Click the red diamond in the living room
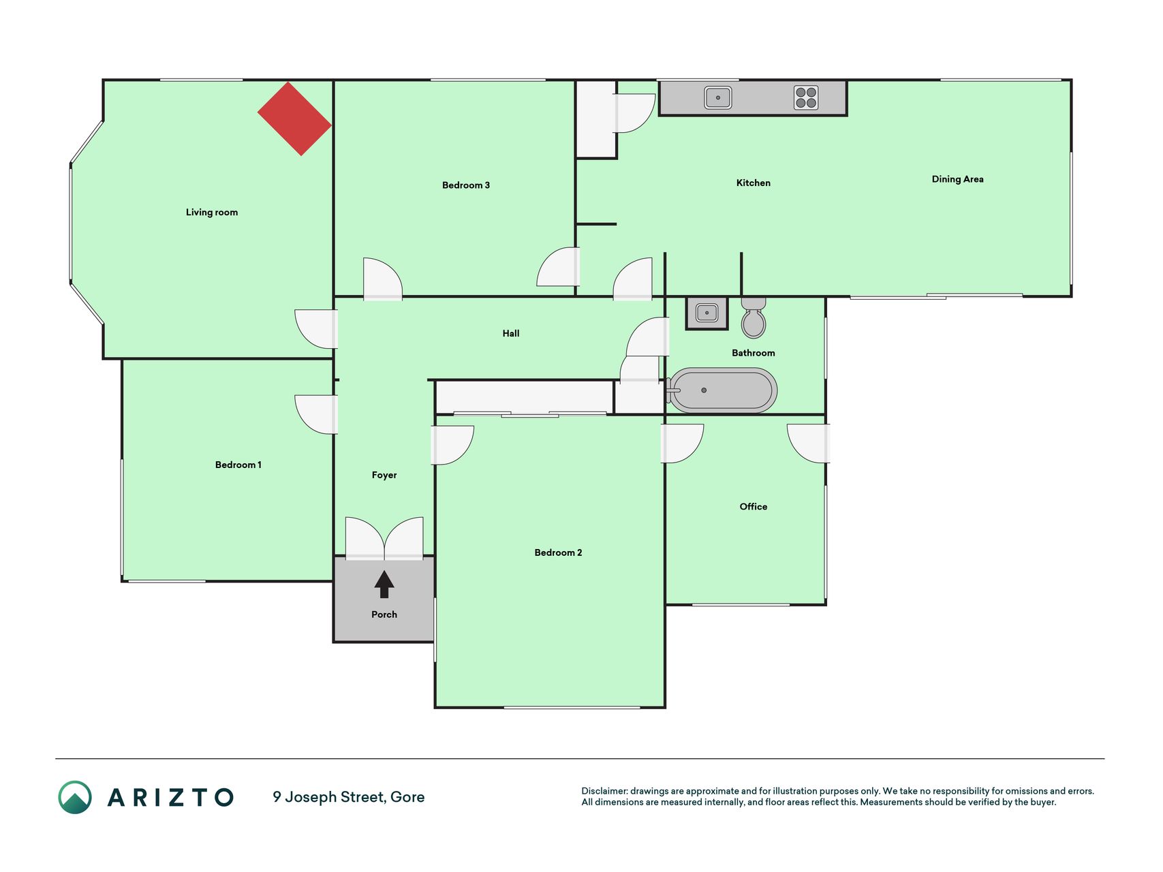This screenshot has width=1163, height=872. (294, 119)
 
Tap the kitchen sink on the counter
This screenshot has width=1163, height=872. (718, 97)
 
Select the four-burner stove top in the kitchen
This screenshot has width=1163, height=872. (806, 97)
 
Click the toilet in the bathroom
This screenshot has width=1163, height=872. (754, 318)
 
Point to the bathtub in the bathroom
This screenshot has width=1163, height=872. (722, 390)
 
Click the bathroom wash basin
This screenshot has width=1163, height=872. (707, 313)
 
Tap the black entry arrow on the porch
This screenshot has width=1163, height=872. (384, 585)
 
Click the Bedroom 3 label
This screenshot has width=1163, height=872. (466, 185)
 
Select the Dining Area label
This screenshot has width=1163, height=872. (957, 179)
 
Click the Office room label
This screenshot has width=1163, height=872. (754, 507)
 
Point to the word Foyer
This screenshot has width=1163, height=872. (384, 476)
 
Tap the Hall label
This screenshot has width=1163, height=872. (511, 333)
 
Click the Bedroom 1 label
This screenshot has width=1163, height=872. (238, 465)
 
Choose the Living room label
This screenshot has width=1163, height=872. (212, 213)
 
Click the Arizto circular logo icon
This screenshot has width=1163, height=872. (75, 797)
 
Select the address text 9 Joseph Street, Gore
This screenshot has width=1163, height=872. (349, 797)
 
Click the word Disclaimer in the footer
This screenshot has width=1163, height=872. (604, 791)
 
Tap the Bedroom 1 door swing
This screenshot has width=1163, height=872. (316, 414)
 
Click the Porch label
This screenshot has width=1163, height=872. (384, 614)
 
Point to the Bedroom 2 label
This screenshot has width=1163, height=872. (559, 552)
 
